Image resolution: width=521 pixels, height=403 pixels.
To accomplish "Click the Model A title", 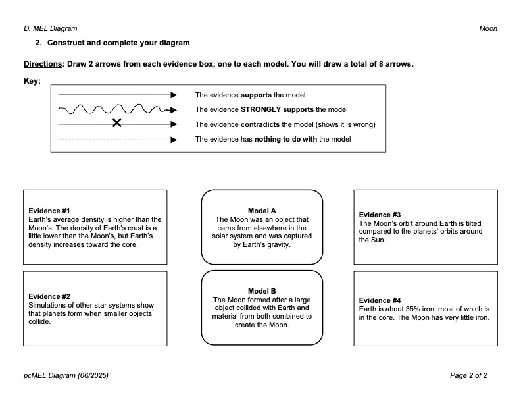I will [262, 211].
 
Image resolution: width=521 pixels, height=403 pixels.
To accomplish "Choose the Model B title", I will [262, 290].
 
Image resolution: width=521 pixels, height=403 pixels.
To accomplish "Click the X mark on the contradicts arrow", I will [116, 122].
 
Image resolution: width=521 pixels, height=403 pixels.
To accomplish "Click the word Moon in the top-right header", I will [488, 28].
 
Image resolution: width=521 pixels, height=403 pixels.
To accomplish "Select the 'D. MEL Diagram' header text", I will [50, 28].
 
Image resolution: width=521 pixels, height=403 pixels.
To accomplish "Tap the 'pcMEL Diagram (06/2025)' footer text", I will [66, 375].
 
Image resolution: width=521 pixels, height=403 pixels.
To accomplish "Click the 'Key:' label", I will [32, 82].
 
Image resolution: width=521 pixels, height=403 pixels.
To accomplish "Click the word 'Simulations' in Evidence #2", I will [47, 305].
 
